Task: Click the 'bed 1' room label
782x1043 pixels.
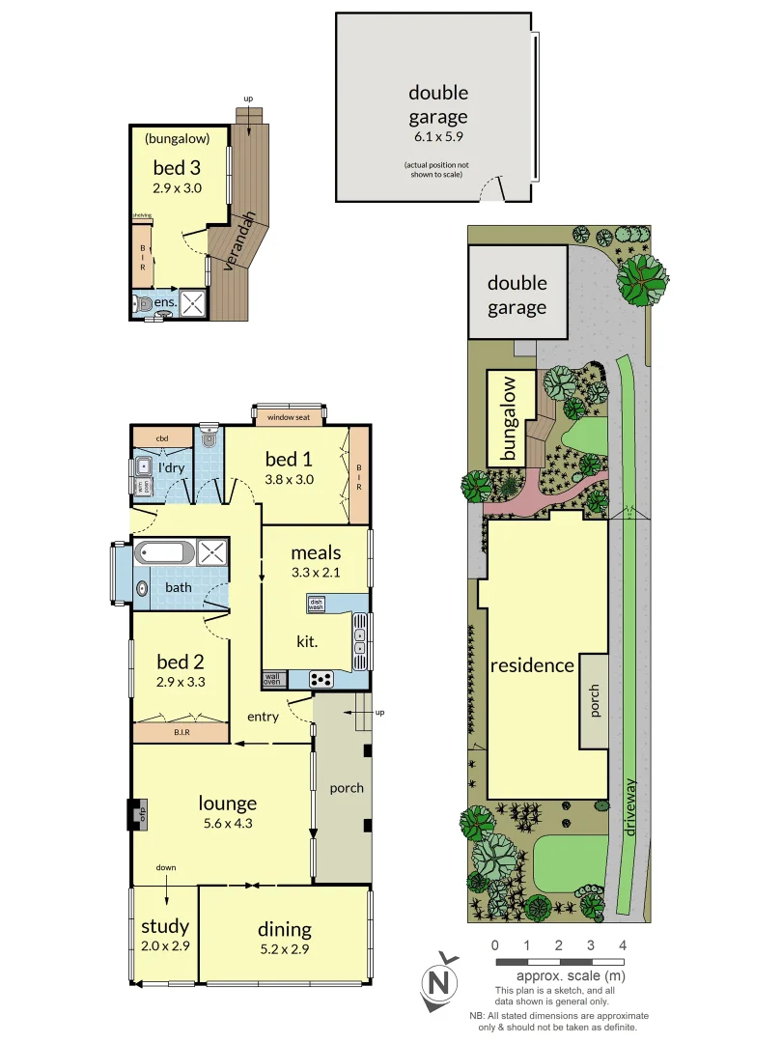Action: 289,460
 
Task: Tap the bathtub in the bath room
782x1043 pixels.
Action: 164,553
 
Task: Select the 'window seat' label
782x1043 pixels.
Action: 289,417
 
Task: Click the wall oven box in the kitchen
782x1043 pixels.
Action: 272,680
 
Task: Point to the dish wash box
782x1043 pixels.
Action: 316,605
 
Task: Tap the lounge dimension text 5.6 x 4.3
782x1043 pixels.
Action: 228,824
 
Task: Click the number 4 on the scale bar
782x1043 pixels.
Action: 623,944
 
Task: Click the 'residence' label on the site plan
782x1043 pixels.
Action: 532,665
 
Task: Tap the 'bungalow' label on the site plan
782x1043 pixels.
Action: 510,416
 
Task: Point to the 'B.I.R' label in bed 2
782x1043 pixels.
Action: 181,733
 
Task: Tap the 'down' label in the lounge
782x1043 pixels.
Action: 166,867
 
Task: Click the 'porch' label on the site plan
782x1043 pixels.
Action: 594,700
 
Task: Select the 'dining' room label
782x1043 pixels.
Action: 284,929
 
